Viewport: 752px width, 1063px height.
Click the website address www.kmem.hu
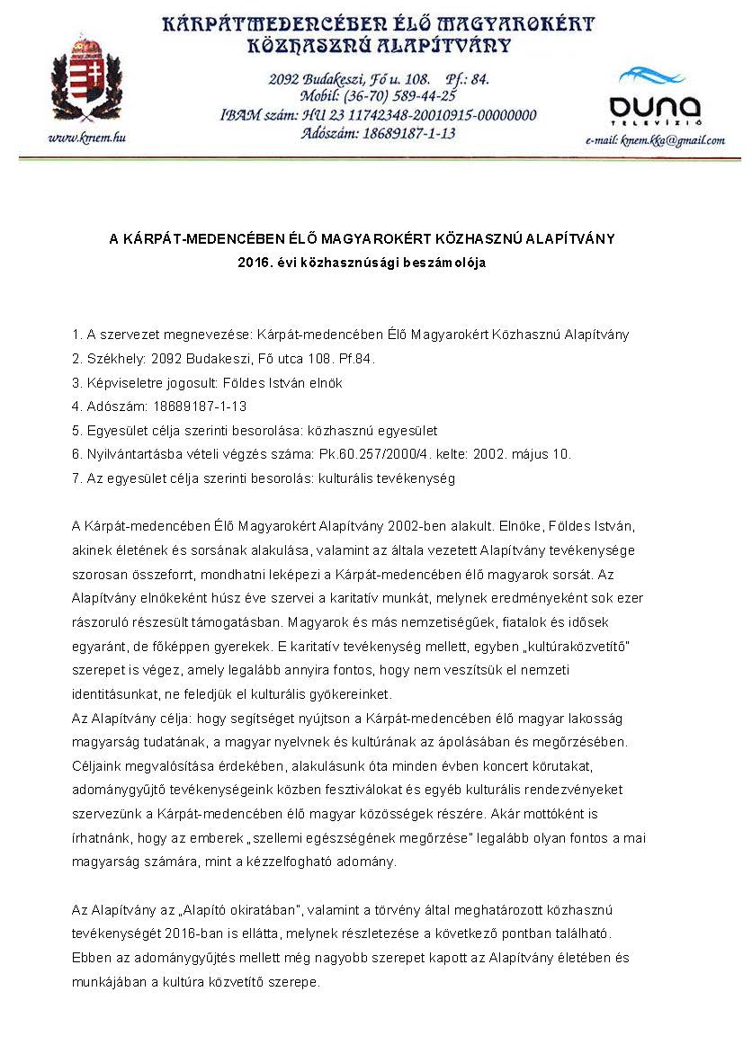(x=86, y=138)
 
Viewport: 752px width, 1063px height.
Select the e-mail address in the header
(x=655, y=140)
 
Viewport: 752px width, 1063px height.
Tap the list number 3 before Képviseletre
(x=76, y=383)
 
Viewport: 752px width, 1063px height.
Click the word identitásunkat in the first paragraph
(x=113, y=695)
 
